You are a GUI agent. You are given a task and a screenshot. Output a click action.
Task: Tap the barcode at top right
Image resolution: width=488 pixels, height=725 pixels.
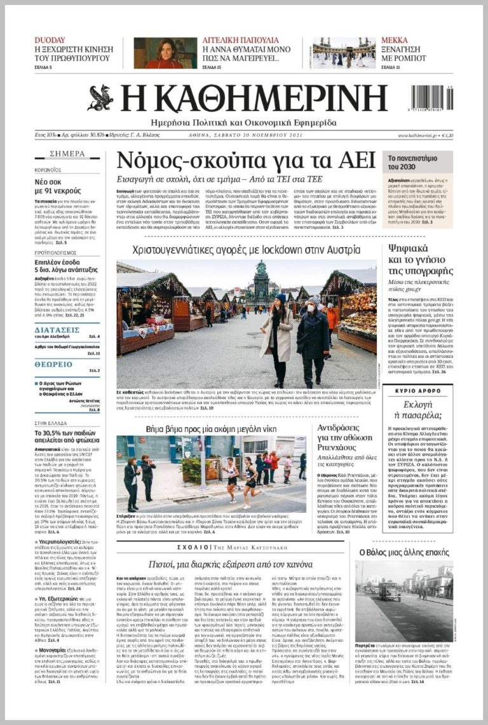pos(431,98)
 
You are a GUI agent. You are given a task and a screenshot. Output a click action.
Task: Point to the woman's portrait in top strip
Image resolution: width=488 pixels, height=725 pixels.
pos(165,53)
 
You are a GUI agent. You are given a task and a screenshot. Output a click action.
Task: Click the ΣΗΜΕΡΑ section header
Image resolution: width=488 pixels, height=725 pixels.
pos(67,154)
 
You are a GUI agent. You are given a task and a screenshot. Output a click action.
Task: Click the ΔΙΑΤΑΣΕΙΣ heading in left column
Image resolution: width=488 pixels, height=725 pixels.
pos(57,330)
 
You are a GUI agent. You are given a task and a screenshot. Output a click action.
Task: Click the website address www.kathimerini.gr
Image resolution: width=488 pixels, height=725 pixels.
pos(419,135)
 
